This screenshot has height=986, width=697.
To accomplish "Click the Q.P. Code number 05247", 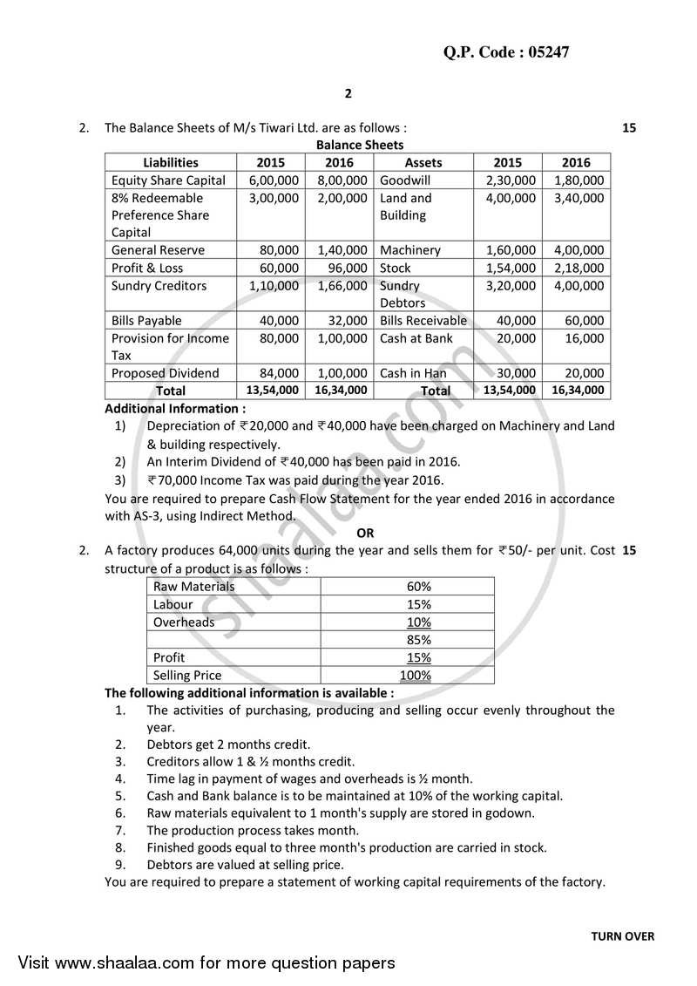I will tap(542, 51).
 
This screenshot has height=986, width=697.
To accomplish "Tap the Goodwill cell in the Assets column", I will tap(403, 180).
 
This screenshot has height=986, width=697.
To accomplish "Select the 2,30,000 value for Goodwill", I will tap(508, 180).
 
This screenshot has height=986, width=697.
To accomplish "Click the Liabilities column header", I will tap(170, 162).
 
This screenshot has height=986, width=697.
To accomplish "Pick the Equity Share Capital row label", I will tap(168, 180).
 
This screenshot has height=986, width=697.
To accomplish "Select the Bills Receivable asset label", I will tap(423, 321).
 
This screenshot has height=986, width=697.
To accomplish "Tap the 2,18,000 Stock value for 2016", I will tap(576, 268).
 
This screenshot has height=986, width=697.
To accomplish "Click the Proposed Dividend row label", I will tap(165, 373).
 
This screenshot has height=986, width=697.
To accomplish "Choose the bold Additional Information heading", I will tap(175, 408).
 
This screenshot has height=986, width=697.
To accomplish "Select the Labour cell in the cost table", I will tap(173, 604).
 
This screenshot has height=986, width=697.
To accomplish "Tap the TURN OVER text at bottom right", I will tap(622, 937).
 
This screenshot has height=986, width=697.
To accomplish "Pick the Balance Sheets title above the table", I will tap(360, 145).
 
